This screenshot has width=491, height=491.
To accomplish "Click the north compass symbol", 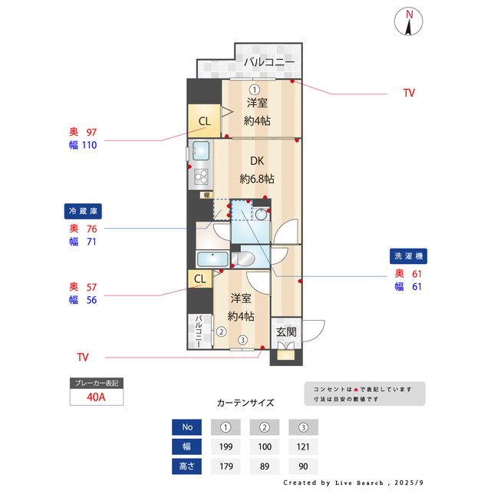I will [410, 22].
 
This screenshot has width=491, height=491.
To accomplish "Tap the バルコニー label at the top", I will [269, 62].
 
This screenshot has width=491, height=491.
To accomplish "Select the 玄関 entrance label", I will [286, 331].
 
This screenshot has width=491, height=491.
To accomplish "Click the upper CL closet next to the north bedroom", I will [204, 121].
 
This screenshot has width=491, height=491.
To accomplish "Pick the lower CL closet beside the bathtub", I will [199, 279].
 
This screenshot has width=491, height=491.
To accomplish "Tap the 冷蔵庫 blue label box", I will [83, 211].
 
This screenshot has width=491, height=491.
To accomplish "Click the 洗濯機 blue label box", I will [409, 256].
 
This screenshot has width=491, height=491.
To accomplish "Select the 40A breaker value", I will [96, 397].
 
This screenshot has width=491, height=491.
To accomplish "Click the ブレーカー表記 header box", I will [96, 382].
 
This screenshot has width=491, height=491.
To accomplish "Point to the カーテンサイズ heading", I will [245, 402].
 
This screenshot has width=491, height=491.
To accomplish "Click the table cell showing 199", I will [226, 447].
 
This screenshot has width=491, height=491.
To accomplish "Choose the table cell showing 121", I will [303, 447].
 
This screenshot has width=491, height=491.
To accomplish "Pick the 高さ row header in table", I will [186, 466].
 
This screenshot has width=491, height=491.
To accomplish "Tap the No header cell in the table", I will [186, 427].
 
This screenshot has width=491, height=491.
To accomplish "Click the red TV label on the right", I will [409, 93].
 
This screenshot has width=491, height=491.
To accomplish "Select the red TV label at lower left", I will [83, 358].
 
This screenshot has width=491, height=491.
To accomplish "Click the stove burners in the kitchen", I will [201, 178].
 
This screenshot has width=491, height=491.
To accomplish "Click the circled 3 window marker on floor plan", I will [242, 340].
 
